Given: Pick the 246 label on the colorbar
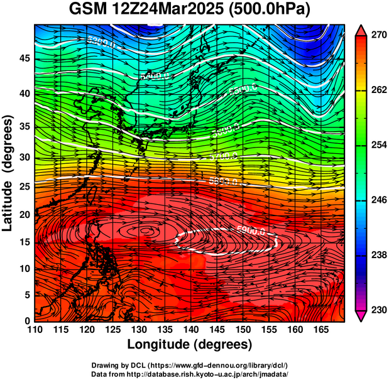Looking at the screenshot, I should (x=378, y=200).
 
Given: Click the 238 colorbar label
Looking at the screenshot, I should (x=378, y=255).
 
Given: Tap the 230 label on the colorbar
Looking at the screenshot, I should (x=378, y=310).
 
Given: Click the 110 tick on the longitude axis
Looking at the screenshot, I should (x=35, y=330).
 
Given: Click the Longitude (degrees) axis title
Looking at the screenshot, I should (x=190, y=344).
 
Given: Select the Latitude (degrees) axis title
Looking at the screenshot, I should (x=8, y=173).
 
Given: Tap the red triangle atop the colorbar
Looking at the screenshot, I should (x=361, y=30).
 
